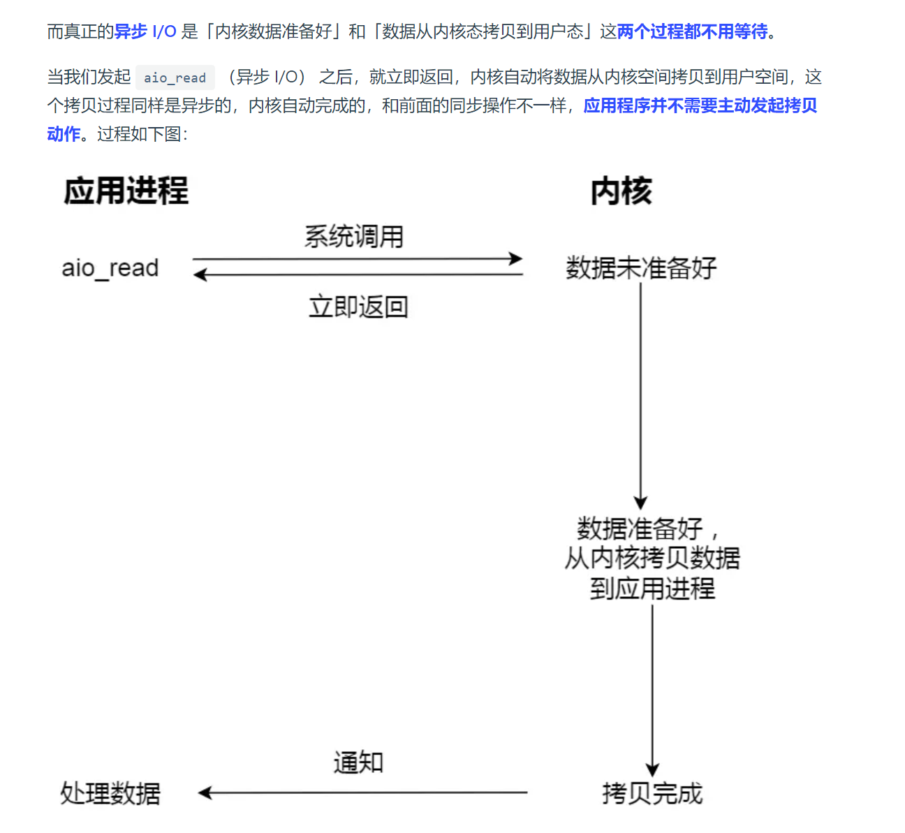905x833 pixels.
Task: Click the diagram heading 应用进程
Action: pyautogui.click(x=126, y=191)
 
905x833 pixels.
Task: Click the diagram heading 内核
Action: pyautogui.click(x=621, y=191)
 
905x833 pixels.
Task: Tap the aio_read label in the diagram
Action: pyautogui.click(x=110, y=268)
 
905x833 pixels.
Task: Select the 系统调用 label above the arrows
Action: pyautogui.click(x=354, y=237)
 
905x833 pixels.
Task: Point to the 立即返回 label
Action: pyautogui.click(x=358, y=307)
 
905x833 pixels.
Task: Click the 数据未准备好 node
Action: pyautogui.click(x=641, y=268)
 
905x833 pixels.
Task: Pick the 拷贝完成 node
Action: pyautogui.click(x=652, y=793)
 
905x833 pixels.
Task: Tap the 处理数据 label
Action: pyautogui.click(x=110, y=793)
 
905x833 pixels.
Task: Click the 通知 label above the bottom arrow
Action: pyautogui.click(x=358, y=762)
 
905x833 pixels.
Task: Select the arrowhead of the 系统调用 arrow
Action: pyautogui.click(x=517, y=259)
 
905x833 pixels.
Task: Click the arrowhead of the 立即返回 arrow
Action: pyautogui.click(x=200, y=275)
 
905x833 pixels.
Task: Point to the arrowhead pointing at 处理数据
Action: pyautogui.click(x=204, y=793)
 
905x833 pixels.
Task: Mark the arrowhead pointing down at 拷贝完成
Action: pyautogui.click(x=652, y=770)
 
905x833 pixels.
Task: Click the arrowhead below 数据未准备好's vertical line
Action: pyautogui.click(x=640, y=503)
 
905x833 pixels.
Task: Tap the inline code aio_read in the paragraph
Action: pyautogui.click(x=175, y=78)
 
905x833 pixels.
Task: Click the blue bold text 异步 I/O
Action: pyautogui.click(x=145, y=31)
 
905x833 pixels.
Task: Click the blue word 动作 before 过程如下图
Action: pyautogui.click(x=64, y=133)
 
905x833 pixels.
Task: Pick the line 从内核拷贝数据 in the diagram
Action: pyautogui.click(x=652, y=558)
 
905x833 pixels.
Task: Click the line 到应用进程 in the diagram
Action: pyautogui.click(x=652, y=589)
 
